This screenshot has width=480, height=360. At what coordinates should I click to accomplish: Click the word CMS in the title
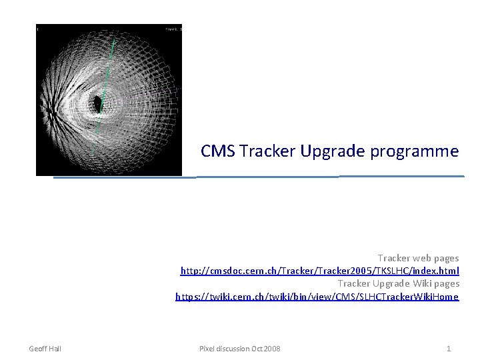point(218,151)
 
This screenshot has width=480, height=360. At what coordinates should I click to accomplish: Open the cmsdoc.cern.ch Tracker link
point(319,271)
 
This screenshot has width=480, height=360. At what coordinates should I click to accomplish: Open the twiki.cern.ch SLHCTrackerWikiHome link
point(317,297)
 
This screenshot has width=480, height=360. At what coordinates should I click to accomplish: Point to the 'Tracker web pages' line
point(418,258)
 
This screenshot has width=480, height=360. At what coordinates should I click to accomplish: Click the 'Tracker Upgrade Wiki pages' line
point(398,284)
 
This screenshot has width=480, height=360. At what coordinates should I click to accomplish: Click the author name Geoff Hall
point(45,349)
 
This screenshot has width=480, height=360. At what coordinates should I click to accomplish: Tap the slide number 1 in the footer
point(449,349)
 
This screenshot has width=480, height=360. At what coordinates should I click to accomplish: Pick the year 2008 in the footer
point(272,349)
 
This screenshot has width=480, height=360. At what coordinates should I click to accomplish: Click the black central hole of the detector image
point(97,104)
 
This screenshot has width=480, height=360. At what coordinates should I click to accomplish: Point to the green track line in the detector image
point(107,80)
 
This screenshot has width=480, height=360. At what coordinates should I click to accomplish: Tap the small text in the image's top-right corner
point(173,29)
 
